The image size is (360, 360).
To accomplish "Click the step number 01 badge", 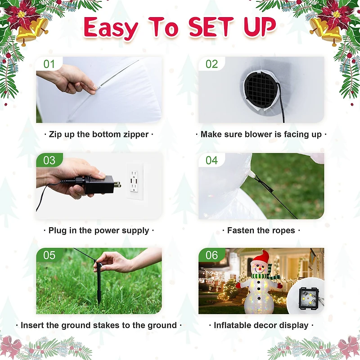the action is (49, 64).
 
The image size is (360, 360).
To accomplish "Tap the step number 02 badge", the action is (211, 64).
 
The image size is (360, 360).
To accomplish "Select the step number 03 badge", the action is (49, 160).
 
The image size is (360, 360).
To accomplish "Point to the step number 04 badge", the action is (211, 160).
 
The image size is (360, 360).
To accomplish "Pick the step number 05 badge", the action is (49, 255).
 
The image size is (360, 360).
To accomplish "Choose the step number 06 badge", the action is (211, 255).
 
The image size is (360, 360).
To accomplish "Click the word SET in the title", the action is (211, 27).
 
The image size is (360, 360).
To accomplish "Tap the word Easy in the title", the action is (111, 28).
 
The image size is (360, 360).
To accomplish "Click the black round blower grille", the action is (261, 90).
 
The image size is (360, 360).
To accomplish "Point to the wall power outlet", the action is (134, 181).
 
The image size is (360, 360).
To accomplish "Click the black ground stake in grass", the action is (99, 283).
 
